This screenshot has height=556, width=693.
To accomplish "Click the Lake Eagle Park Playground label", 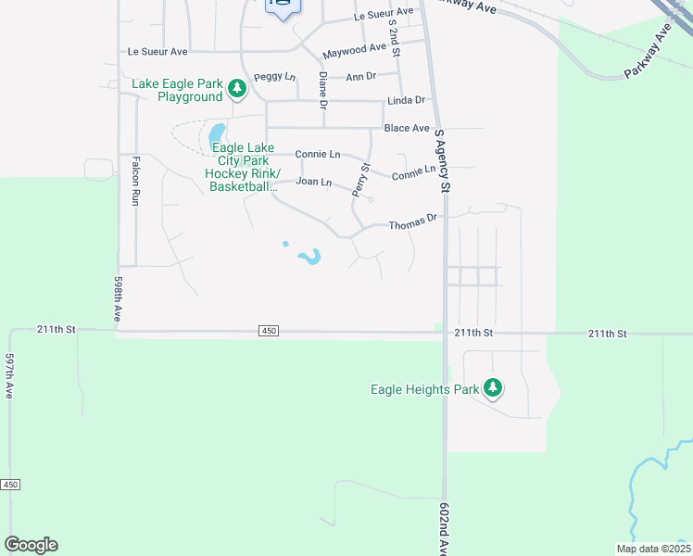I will pos(177,90).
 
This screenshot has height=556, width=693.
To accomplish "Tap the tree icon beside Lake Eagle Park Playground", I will pos(237,89).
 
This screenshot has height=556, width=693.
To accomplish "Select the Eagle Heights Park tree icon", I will pos(494,388).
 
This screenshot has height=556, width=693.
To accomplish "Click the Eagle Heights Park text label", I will pos(425,389).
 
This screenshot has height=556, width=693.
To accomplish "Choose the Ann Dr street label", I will pos(360,76).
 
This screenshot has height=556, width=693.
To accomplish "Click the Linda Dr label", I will pos(406,100).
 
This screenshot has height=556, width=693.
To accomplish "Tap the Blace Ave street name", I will pos(408,128).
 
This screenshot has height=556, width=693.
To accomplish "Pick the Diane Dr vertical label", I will pos(323,91).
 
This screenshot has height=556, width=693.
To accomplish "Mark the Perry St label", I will pos(361,180).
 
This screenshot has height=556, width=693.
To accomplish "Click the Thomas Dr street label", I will pos(412,223).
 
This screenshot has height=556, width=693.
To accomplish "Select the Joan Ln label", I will pos(313,182).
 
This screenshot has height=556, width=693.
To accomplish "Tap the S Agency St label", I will pos(441,160).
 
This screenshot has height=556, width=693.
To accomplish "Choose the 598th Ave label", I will pos(119,298).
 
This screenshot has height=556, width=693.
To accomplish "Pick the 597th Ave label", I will pos(9,376).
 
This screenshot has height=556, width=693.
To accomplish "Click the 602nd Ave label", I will pos(443,528).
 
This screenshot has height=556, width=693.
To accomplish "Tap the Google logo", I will pos(31,545).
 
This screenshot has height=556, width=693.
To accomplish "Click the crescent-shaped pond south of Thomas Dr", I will pos(311,256).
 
